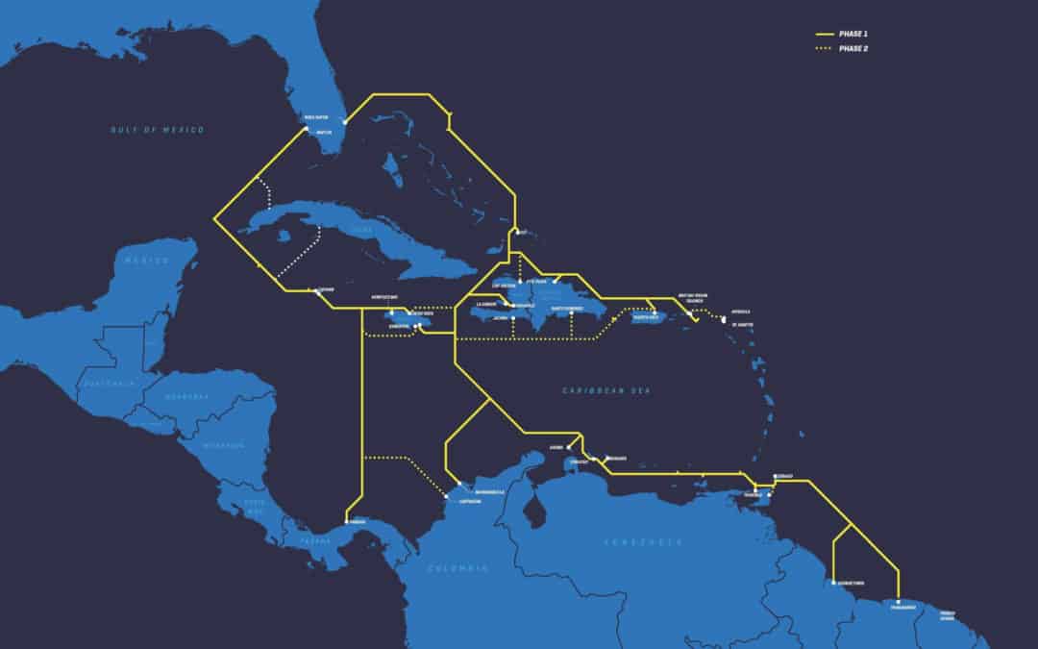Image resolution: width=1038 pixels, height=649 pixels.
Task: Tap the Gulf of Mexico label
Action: [x=157, y=129]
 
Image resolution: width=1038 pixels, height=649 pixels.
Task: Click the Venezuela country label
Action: [x=643, y=543]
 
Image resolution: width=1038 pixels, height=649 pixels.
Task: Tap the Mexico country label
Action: [x=146, y=261]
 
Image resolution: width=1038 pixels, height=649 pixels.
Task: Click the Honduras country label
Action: [x=185, y=396]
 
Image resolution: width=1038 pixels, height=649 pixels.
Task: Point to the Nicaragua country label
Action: [x=224, y=445]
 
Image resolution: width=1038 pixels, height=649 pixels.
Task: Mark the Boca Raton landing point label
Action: [x=315, y=118]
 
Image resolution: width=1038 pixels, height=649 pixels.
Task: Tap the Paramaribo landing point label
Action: [x=903, y=607]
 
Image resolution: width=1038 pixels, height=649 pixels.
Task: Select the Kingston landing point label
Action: [x=400, y=326]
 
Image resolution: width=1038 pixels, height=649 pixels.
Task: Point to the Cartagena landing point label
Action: [x=470, y=501]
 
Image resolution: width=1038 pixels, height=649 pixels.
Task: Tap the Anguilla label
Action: [x=740, y=312]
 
